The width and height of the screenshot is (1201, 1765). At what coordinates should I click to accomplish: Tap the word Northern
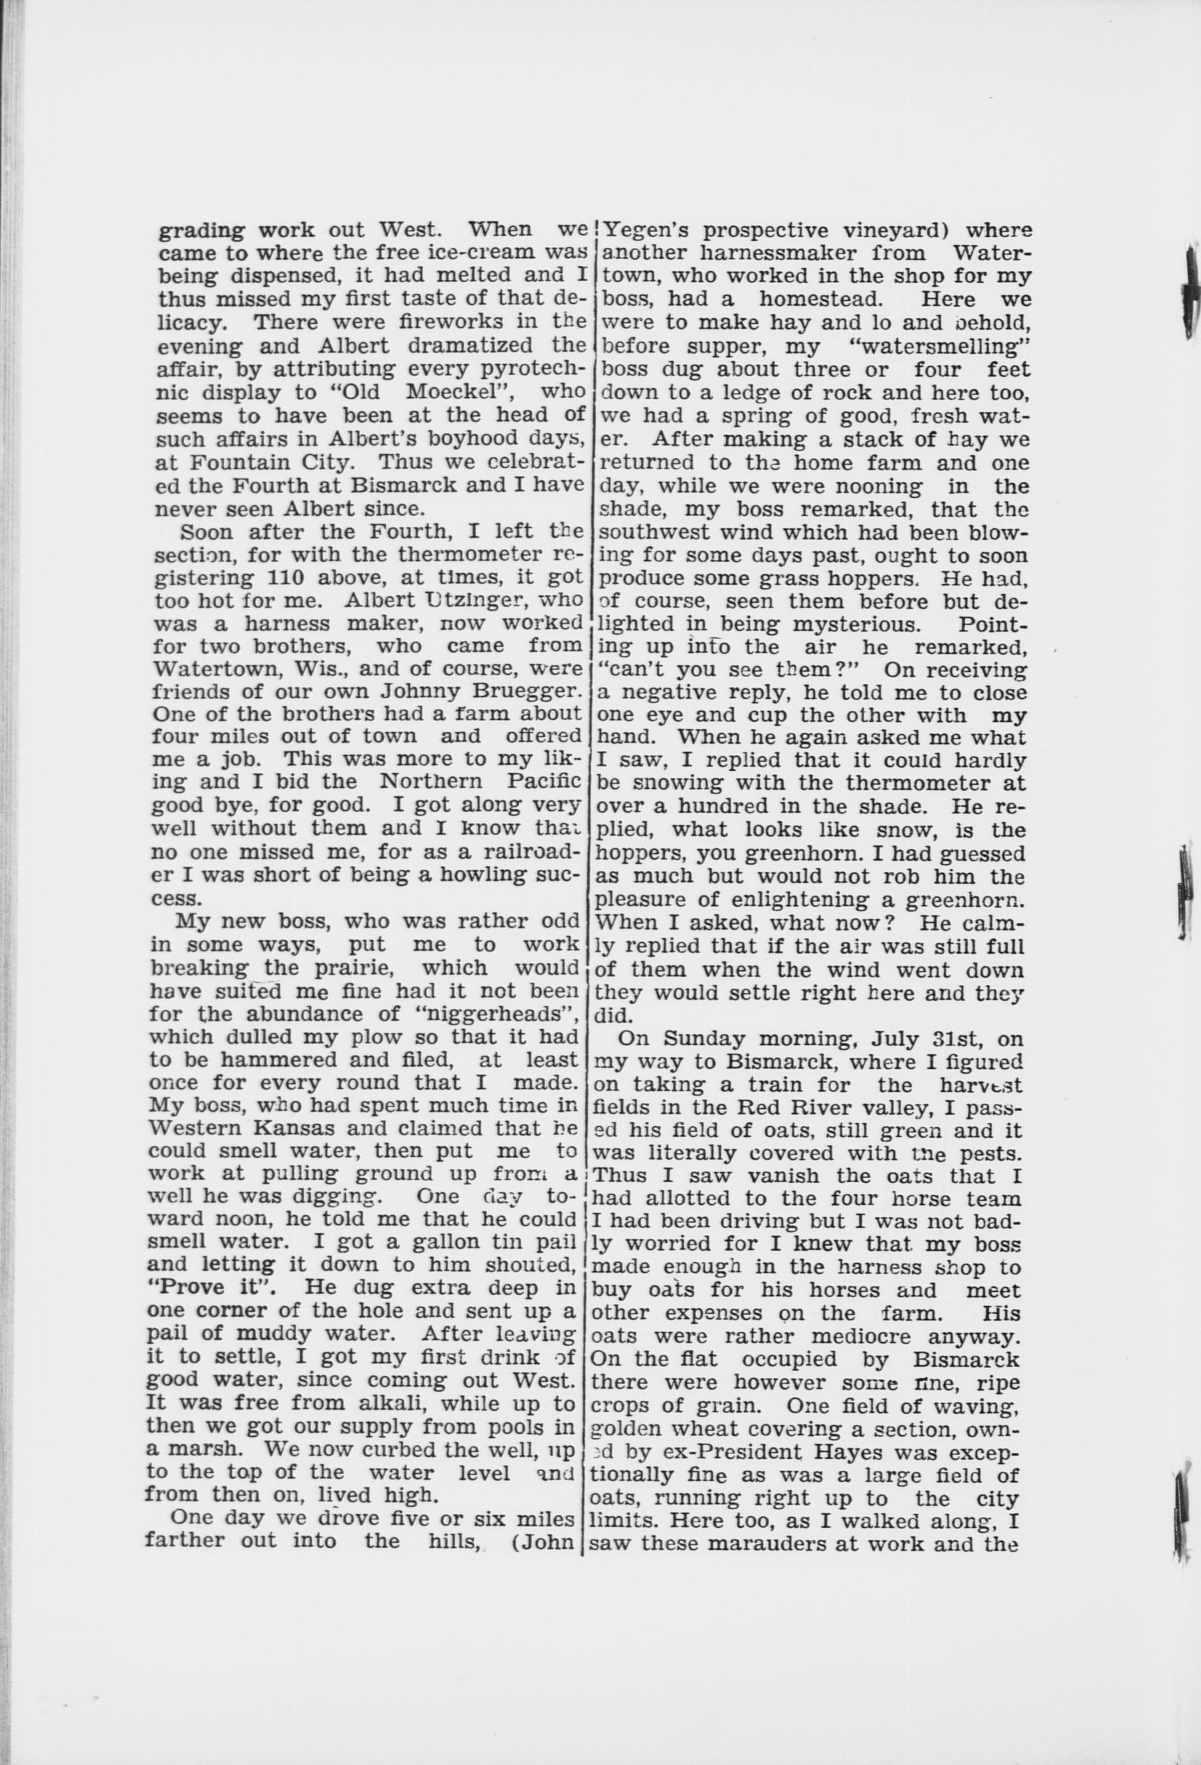pos(430,782)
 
